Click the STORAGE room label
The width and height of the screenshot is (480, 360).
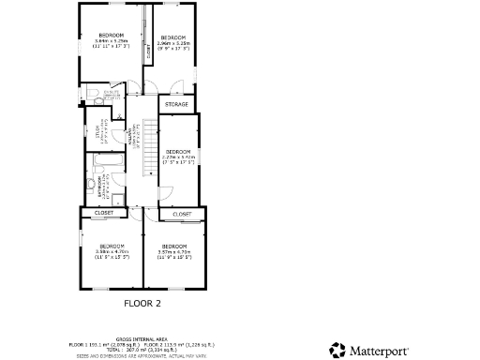[x=177, y=104]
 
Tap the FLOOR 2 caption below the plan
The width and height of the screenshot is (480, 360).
[x=143, y=304]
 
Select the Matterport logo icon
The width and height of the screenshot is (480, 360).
[x=337, y=351]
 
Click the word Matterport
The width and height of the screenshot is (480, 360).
[x=380, y=351]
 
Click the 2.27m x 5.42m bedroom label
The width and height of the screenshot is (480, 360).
[x=178, y=156]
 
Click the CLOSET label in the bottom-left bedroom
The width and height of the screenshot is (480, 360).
[x=104, y=213]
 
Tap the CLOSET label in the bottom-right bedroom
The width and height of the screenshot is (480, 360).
[x=182, y=215]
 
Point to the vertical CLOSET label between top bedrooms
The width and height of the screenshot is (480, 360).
[x=147, y=52]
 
